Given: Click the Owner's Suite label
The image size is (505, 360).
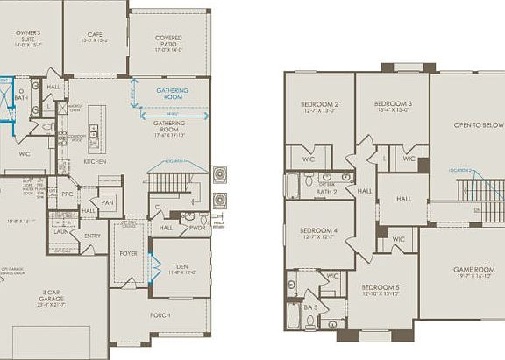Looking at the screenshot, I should click(29, 37).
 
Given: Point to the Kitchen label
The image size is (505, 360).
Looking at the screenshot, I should click(95, 162).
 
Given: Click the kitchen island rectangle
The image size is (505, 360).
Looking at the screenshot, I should click(95, 128).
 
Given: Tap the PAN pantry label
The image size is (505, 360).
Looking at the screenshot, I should click(108, 202).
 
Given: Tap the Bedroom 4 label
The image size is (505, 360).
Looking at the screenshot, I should click(319, 232).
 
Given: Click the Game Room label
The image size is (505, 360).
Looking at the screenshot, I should click(473, 271).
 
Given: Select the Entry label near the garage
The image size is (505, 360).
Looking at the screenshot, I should click(92, 236).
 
